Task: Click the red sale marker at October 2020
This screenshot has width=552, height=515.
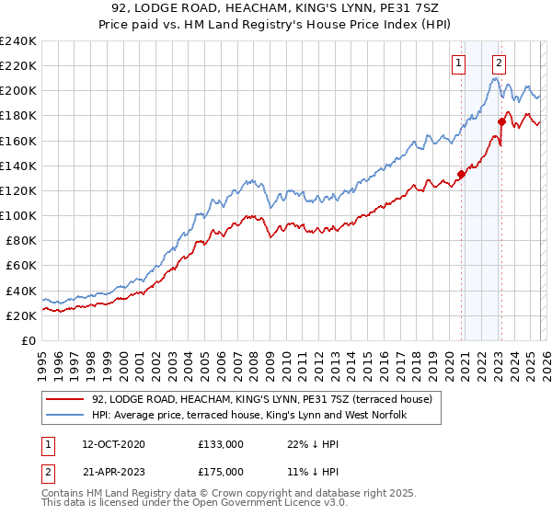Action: (x=461, y=174)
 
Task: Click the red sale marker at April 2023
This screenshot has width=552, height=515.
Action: (x=501, y=121)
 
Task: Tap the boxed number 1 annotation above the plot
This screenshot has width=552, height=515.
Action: (x=458, y=63)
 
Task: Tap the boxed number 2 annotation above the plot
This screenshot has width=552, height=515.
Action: (x=498, y=63)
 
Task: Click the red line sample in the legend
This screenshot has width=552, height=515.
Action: (x=65, y=399)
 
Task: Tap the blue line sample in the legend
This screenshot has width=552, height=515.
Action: (x=65, y=416)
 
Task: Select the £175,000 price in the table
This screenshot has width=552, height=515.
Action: (x=220, y=473)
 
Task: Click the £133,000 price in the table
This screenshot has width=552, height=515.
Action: (x=220, y=443)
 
